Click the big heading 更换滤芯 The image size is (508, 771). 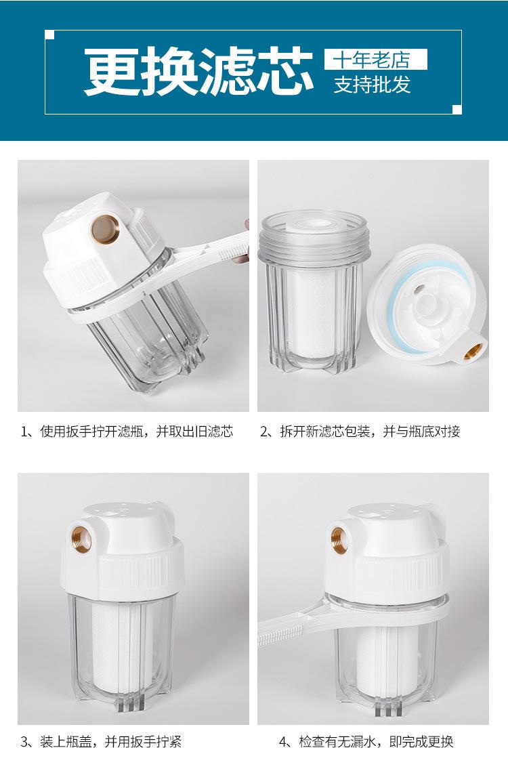tap(198, 71)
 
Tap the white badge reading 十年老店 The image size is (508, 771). tap(376, 60)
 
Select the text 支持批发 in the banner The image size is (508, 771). tap(373, 85)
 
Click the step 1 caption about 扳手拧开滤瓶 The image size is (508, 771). tap(127, 432)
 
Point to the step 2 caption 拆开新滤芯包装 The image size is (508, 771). tap(360, 432)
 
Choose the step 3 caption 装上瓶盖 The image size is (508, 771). tap(101, 741)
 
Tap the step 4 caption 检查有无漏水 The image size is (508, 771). tap(366, 741)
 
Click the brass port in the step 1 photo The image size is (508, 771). tap(105, 228)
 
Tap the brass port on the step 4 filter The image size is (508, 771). tap(339, 539)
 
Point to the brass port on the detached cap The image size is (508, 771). tap(473, 352)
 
